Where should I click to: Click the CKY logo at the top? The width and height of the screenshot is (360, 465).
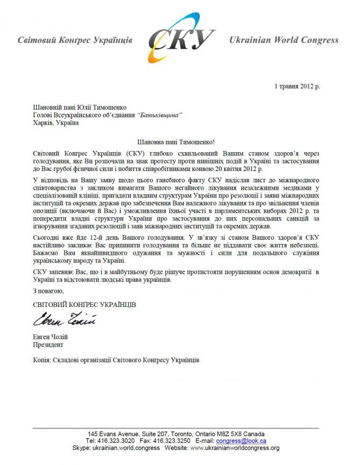coord(181,38)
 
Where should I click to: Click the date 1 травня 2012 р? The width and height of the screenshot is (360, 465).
coord(297,86)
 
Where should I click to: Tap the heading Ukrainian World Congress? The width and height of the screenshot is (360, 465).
coord(284,40)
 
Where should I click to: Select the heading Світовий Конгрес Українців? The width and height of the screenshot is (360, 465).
coord(75,40)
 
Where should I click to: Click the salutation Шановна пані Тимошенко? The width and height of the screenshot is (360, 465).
coord(176,142)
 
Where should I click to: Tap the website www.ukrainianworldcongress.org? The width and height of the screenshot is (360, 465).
coord(235,448)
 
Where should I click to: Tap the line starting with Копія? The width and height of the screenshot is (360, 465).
coord(116,360)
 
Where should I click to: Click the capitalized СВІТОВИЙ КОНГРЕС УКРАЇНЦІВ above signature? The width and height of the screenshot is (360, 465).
coord(84,304)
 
